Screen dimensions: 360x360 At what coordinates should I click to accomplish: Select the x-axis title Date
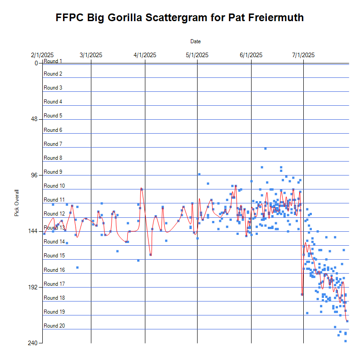[x=195, y=41]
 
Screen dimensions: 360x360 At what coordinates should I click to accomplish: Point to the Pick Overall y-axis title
[x=17, y=202]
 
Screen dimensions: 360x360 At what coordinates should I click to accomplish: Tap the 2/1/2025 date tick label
[x=42, y=55]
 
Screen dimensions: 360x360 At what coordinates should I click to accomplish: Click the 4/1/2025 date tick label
[x=145, y=55]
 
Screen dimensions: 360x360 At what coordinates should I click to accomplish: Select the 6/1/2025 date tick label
[x=251, y=55]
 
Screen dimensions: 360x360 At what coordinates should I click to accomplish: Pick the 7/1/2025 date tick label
[x=303, y=55]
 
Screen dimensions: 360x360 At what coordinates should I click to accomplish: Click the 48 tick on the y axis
[x=34, y=119]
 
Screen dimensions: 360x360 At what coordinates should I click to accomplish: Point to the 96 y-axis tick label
[x=34, y=175]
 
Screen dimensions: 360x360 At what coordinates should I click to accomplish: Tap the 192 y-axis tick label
[x=33, y=287]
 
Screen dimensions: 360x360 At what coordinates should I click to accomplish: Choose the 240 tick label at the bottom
[x=33, y=343]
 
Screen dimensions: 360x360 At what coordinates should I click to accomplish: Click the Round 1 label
[x=53, y=61]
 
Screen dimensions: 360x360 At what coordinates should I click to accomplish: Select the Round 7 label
[x=53, y=144]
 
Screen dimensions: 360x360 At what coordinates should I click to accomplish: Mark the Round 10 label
[x=54, y=186]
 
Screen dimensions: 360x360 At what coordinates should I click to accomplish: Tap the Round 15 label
[x=54, y=256]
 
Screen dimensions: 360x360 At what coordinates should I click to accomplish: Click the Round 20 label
[x=54, y=326]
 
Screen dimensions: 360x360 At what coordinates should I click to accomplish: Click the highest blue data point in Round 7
[x=265, y=148]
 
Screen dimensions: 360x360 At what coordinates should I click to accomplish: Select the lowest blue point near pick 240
[x=345, y=341]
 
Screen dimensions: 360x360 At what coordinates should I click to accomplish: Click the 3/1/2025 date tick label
[x=91, y=55]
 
